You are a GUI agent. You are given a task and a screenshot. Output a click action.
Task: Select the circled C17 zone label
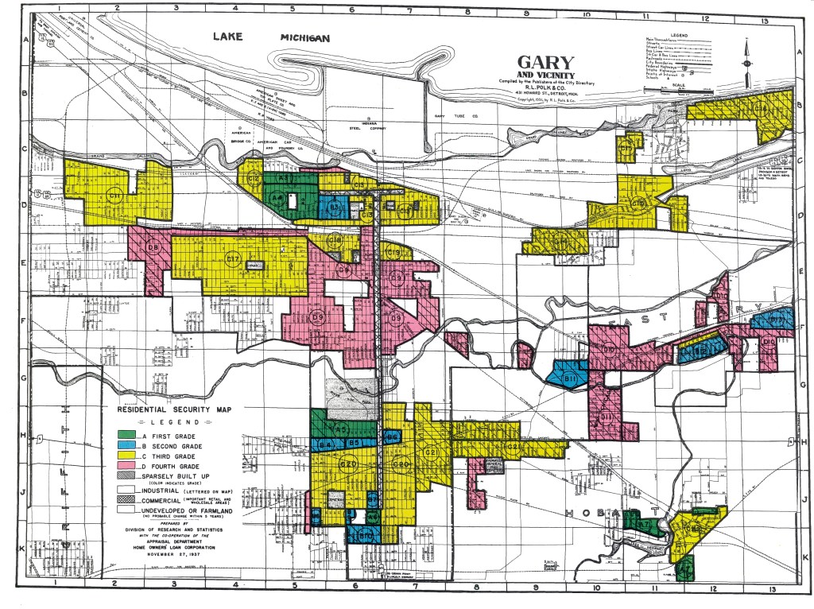coord(233,258)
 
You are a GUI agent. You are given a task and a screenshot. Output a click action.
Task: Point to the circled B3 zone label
coord(335,208)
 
